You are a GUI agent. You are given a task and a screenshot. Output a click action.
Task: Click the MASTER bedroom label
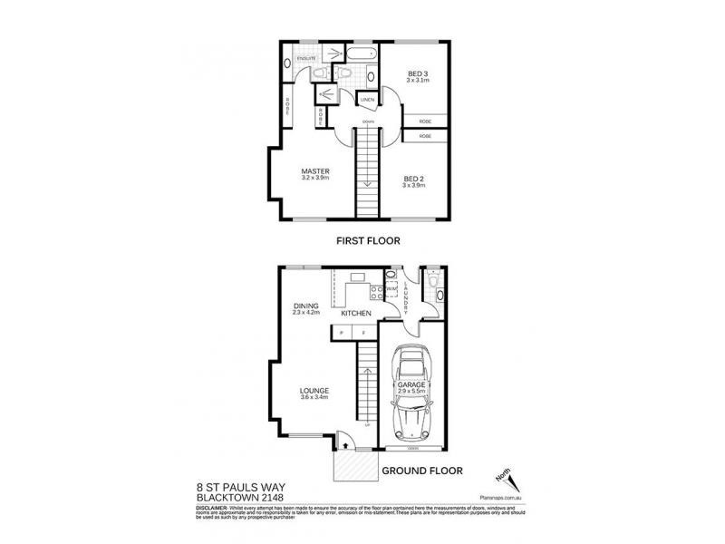tap(315, 170)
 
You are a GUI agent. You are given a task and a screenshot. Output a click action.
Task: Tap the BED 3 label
tap(417, 73)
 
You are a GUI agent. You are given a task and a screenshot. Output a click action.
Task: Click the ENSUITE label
tap(304, 59)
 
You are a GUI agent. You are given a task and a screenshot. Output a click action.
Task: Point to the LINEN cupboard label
tap(367, 99)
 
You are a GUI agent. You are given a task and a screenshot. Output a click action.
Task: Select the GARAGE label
tap(411, 384)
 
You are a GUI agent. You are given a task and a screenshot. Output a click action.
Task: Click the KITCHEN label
tap(356, 313)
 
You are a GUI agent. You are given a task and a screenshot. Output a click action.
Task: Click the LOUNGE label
tap(314, 391)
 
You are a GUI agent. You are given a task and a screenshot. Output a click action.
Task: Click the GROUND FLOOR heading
tap(422, 471)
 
